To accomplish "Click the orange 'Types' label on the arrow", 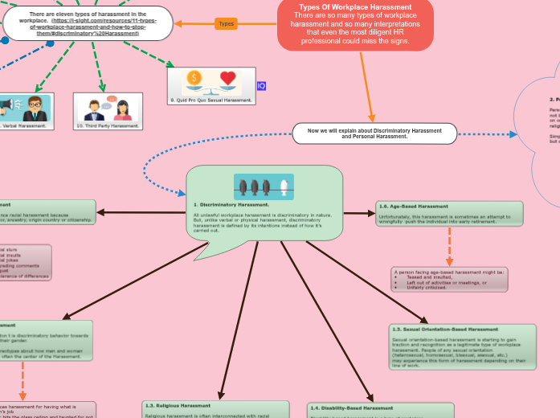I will [x=227, y=23].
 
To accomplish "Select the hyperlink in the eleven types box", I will [x=95, y=27].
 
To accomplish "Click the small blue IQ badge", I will [x=261, y=86].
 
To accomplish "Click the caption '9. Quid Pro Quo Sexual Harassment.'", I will [x=211, y=100].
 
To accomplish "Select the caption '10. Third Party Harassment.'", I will [x=108, y=125].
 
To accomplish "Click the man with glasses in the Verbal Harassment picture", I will [x=33, y=107].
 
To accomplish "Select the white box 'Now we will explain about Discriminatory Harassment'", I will [x=374, y=133].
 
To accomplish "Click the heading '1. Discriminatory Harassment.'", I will [x=220, y=205].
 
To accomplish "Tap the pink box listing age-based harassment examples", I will [x=448, y=280].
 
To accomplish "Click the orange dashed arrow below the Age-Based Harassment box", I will [x=449, y=245].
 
